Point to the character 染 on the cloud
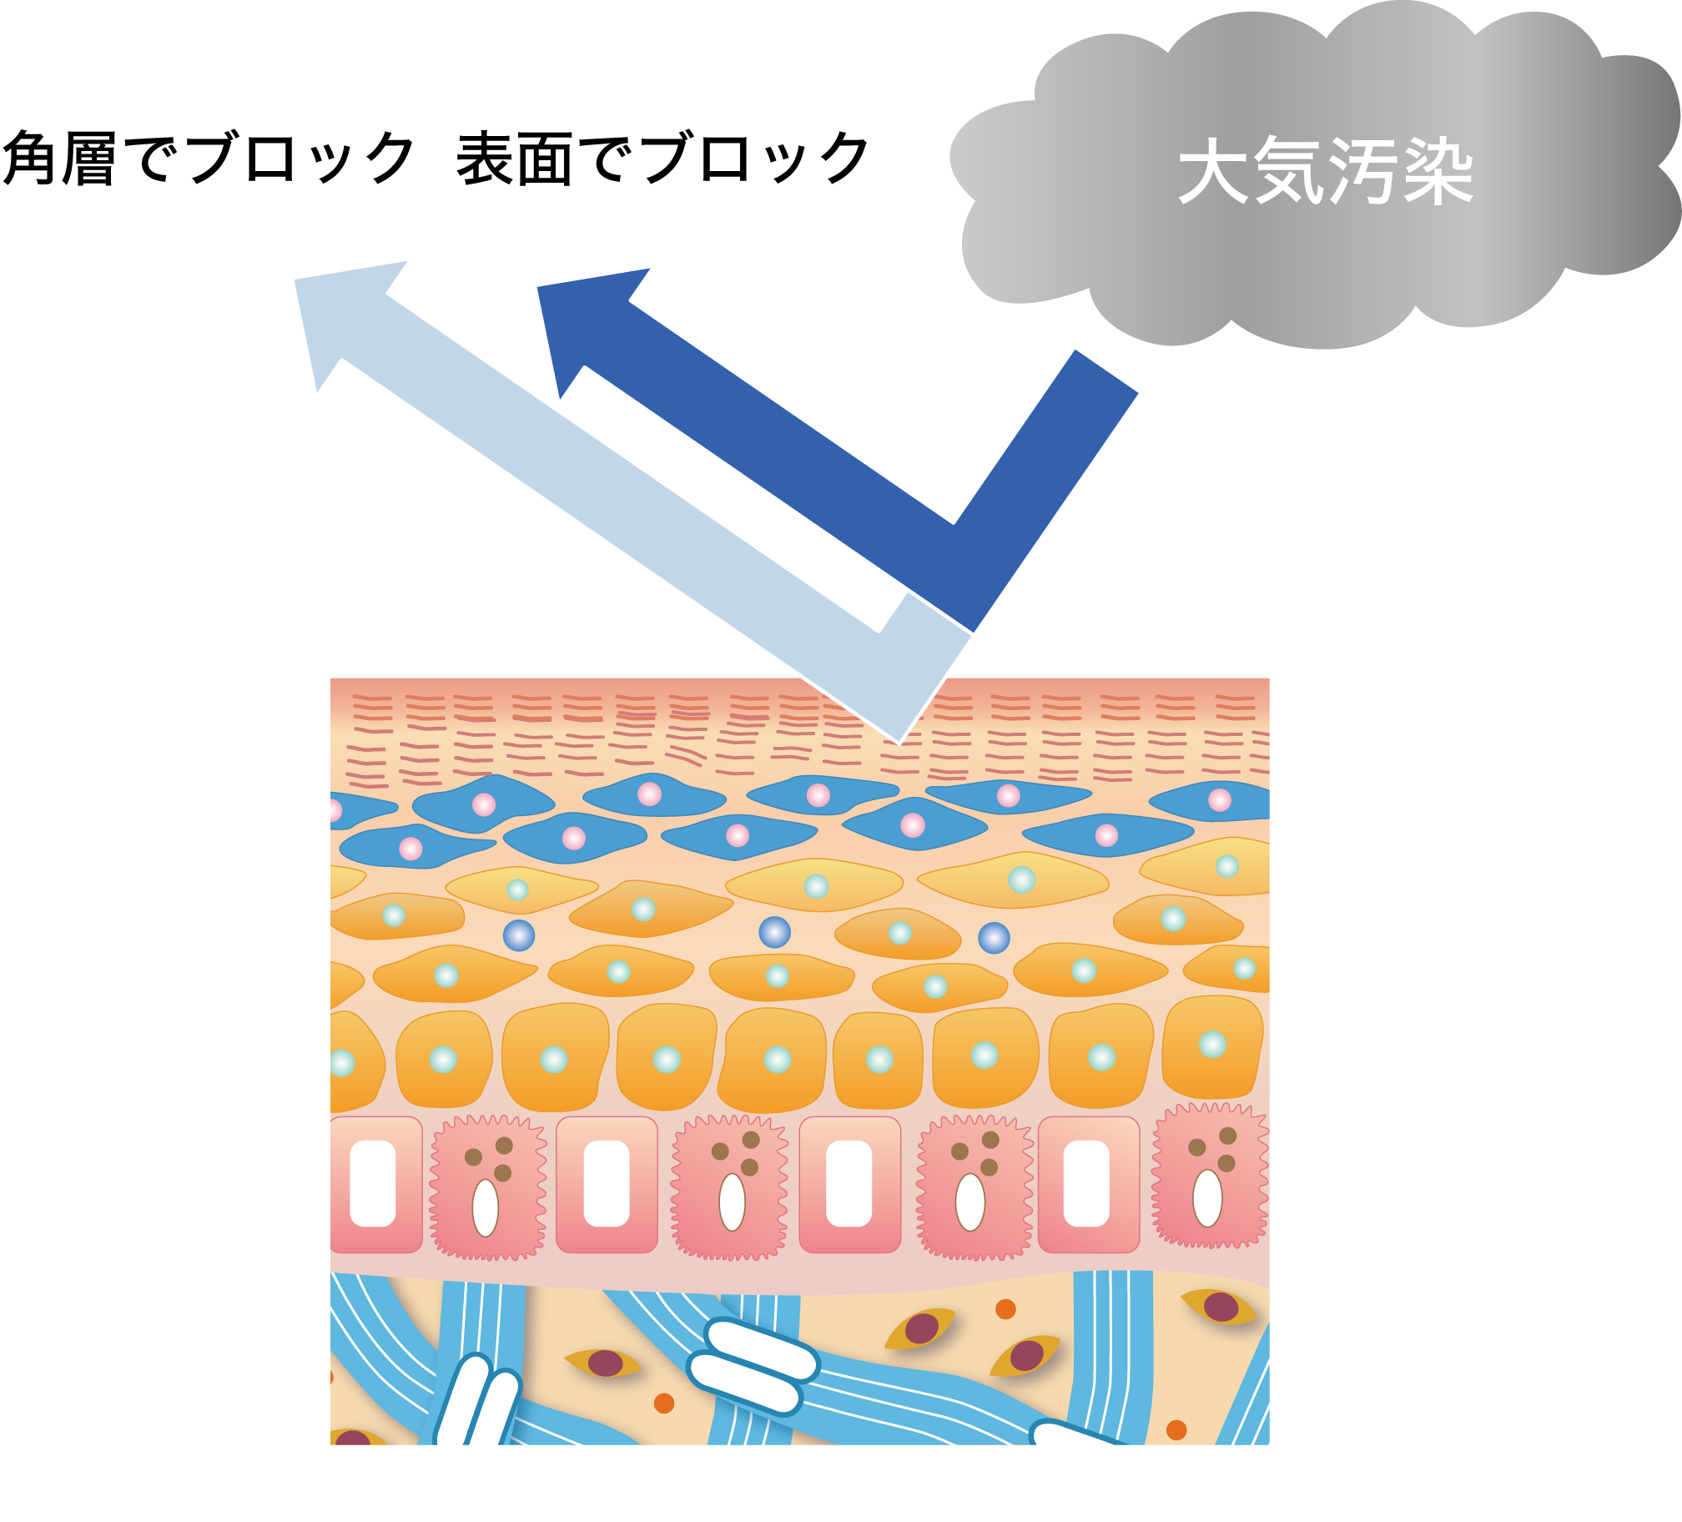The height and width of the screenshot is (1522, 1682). tap(1437, 170)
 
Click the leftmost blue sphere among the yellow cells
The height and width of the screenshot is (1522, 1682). tap(519, 935)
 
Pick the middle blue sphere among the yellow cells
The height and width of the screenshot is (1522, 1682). tap(774, 932)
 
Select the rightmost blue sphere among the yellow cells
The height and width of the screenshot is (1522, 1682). tap(994, 938)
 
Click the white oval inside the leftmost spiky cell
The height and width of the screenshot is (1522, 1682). tap(486, 1208)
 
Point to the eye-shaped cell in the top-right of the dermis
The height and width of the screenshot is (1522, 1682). tap(1220, 1307)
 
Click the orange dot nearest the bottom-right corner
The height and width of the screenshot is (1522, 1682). tap(1176, 1430)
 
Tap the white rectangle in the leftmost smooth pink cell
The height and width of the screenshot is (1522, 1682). tap(372, 1183)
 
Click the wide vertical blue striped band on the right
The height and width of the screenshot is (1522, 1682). tap(1111, 1352)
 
